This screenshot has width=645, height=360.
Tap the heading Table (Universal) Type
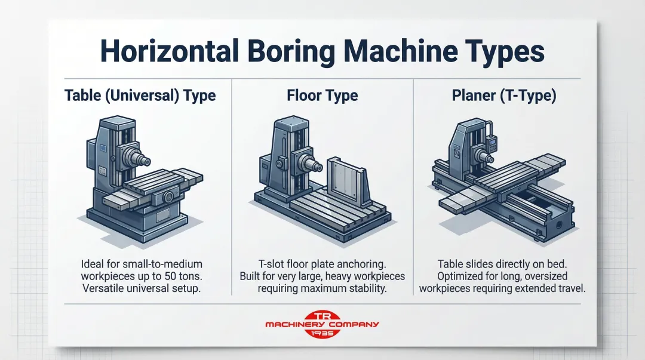click(x=140, y=96)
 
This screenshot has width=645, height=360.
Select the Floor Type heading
click(x=322, y=96)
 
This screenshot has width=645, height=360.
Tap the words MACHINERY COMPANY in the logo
click(x=322, y=324)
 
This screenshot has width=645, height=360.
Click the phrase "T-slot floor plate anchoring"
click(x=322, y=264)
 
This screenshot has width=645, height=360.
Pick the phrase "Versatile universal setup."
click(x=142, y=288)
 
